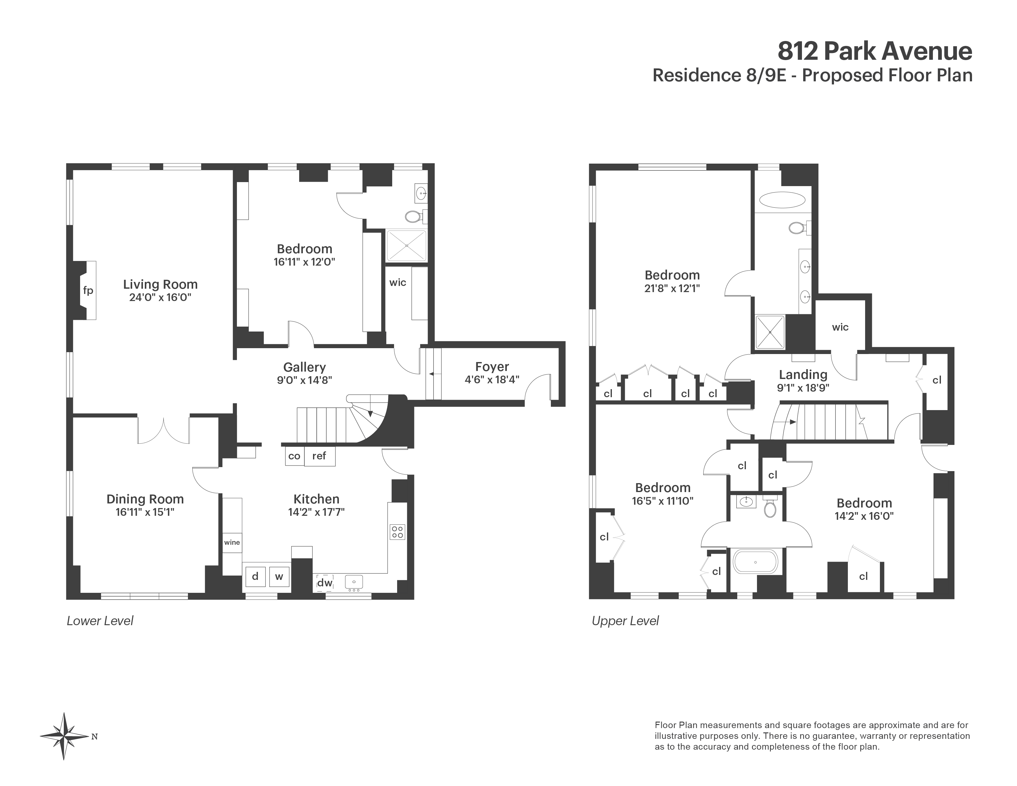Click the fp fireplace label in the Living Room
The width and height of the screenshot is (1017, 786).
point(88,291)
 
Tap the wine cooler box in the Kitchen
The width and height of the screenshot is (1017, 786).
point(232,543)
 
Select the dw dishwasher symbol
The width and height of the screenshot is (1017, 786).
point(324,583)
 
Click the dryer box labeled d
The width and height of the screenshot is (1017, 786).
point(255,576)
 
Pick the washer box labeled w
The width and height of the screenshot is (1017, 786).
point(279,576)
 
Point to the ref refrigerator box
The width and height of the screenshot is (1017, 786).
point(319,456)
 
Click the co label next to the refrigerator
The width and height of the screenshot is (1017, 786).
point(294,456)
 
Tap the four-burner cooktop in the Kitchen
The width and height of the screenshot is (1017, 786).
point(397,532)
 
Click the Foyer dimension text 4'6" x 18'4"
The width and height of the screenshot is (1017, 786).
point(492,380)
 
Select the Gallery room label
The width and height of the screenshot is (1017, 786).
point(304,367)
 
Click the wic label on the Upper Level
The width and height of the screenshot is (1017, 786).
point(840,327)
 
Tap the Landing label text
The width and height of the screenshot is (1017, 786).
point(803,374)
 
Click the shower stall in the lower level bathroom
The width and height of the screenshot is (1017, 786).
point(406,245)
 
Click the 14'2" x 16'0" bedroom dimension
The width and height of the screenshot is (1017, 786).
point(864,516)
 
